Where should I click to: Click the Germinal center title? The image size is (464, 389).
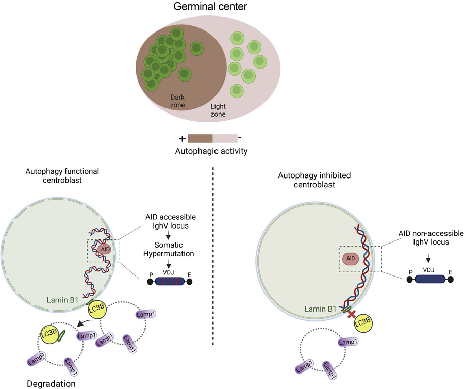click(210, 7)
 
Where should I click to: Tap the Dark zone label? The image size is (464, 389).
click(177, 101)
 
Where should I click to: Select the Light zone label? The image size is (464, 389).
click(218, 110)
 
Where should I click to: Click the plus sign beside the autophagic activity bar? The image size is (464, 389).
click(183, 139)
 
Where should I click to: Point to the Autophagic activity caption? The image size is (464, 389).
click(211, 151)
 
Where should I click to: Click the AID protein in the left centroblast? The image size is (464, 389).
click(105, 249)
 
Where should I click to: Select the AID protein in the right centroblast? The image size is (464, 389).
click(351, 258)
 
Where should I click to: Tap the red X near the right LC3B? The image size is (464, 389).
click(351, 314)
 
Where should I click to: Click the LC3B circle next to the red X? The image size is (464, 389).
click(363, 323)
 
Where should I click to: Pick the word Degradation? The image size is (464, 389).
click(51, 384)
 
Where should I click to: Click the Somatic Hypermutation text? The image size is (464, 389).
click(169, 249)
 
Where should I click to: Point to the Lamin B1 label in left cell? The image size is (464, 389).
click(62, 300)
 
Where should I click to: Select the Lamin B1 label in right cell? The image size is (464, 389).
click(321, 309)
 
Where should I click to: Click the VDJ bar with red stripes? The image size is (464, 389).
click(170, 281)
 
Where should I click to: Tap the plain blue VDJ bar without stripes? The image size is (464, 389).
click(430, 279)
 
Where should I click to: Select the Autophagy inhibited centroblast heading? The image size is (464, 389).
click(314, 180)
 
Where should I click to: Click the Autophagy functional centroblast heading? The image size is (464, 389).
click(62, 175)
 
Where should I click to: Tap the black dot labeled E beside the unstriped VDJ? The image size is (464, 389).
click(451, 279)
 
